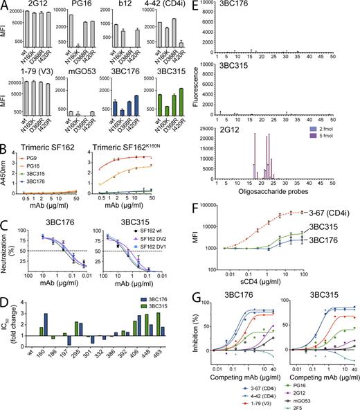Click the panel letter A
6,6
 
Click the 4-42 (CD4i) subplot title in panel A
156,6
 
